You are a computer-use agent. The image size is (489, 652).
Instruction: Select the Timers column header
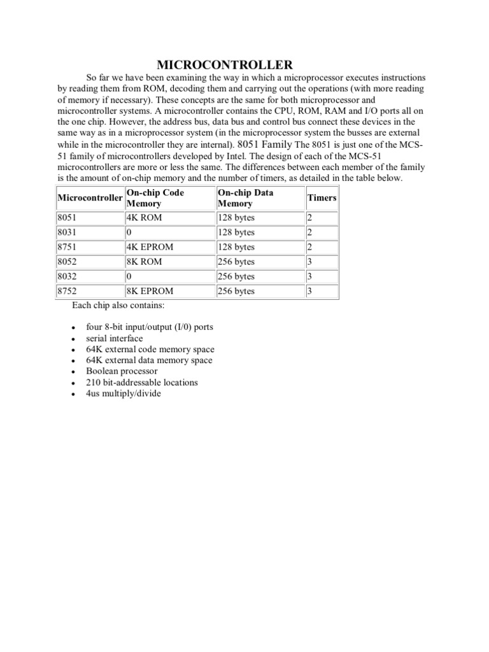(x=322, y=198)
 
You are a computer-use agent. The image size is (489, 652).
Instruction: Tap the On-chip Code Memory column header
(x=155, y=198)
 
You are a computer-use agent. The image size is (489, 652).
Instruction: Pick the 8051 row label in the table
(x=67, y=218)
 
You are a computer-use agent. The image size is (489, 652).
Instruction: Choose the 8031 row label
(x=67, y=232)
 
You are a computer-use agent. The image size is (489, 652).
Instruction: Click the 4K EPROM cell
(x=150, y=247)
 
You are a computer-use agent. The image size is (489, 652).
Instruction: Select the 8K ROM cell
(x=145, y=262)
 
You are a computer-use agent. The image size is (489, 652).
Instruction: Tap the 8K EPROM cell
(x=150, y=291)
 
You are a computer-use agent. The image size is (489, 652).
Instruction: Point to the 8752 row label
(x=67, y=291)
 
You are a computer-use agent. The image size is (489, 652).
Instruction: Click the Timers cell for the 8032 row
(x=309, y=276)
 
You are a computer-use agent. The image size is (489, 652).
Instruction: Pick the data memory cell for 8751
(x=236, y=247)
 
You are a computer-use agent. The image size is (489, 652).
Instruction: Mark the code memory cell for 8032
(x=129, y=276)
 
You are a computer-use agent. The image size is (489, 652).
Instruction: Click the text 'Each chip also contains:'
(x=118, y=306)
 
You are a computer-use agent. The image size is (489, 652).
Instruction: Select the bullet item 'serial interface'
(x=115, y=339)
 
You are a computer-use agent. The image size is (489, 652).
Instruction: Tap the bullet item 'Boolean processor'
(x=122, y=371)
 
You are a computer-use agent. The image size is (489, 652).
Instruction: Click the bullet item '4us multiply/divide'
(x=124, y=393)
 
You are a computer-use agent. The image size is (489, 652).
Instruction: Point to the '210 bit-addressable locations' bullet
(x=142, y=383)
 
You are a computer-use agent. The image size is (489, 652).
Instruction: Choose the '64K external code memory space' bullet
(x=150, y=350)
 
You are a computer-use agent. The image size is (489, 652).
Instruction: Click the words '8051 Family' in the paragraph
(x=265, y=144)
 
